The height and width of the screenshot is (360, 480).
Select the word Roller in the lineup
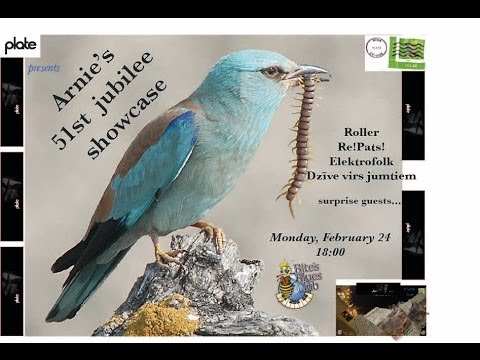coord(359,132)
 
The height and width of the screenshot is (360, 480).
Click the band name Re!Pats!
coord(359,147)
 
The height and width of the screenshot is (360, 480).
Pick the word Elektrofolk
coord(359,162)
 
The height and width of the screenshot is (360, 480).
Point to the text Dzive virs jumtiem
coord(359,177)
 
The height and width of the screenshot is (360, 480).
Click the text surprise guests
coord(359,200)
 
